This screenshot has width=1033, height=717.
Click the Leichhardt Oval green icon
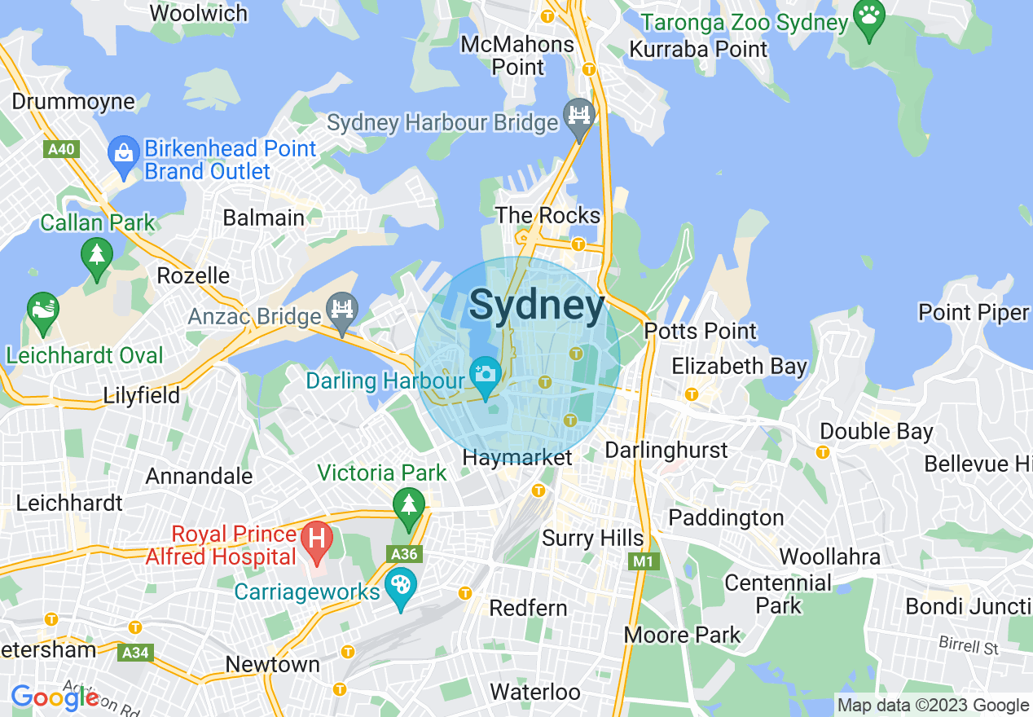coord(42,311)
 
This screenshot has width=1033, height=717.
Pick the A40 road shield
coord(59,149)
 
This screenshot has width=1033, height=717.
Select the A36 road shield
coord(404,555)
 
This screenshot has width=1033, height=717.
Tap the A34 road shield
coord(134,652)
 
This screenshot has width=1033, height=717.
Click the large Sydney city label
coord(537,306)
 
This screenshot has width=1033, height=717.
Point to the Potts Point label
coord(701,332)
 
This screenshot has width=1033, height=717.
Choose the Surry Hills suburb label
coord(593,539)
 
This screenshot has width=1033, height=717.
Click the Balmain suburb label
coord(263,218)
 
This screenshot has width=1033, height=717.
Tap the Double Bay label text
coord(877,431)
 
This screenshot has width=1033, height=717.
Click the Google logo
coord(54,697)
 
